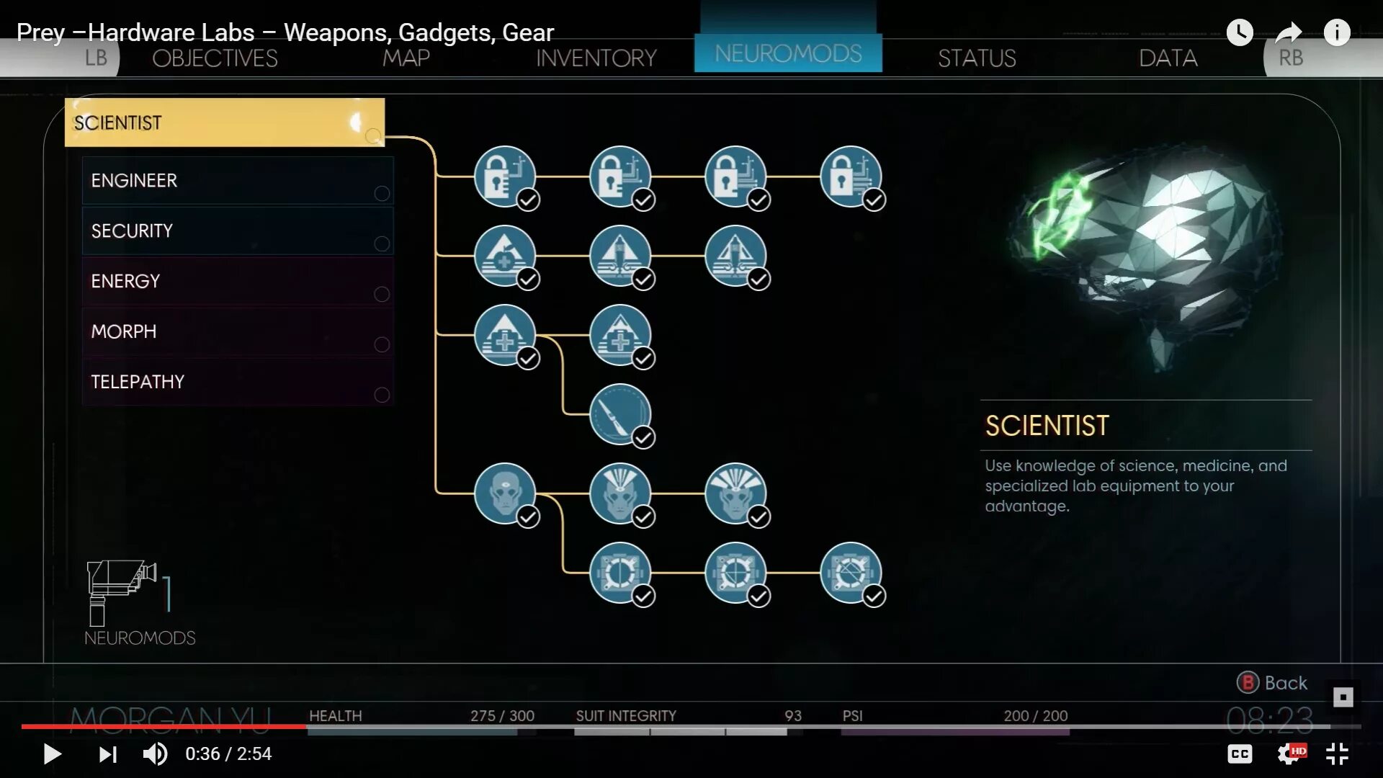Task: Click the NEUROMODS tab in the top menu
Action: (787, 53)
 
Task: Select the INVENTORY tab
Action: (596, 58)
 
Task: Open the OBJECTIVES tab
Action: (215, 58)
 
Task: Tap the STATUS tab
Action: (976, 58)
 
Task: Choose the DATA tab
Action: (1168, 58)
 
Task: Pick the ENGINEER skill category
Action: (238, 180)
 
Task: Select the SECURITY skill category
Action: (238, 231)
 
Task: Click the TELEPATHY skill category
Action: (238, 382)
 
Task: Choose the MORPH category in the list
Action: (238, 331)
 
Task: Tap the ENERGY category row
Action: (238, 281)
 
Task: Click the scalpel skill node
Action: (619, 414)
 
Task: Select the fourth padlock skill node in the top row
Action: (850, 176)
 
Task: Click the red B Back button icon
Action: (1248, 682)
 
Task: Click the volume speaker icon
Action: (155, 754)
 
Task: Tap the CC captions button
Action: (1240, 754)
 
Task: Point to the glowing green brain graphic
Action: (1145, 252)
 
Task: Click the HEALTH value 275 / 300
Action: (502, 716)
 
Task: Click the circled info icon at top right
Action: (1337, 32)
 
